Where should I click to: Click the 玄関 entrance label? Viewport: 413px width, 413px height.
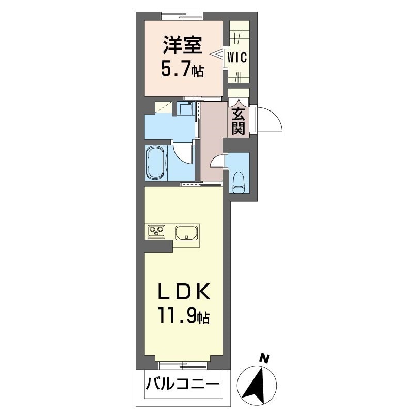point(238,121)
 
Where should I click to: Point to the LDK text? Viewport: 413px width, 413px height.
point(184,294)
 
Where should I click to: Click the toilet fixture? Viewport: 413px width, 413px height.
point(239,181)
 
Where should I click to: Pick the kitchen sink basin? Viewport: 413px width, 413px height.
point(187,232)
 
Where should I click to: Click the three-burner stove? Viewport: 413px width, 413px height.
point(156,232)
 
